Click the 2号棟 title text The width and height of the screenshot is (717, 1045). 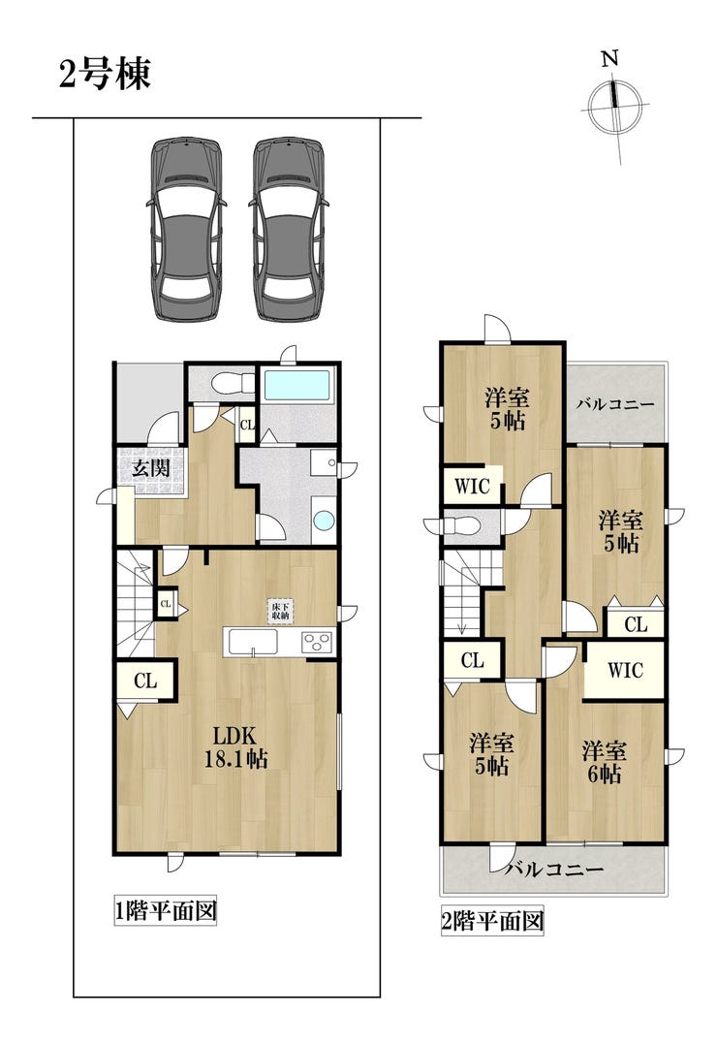106,74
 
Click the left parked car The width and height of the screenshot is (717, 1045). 185,229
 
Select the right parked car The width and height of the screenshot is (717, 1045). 289,229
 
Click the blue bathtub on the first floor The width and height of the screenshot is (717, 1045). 297,385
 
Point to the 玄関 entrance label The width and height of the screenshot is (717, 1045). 150,468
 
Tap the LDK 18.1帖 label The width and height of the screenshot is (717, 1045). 234,747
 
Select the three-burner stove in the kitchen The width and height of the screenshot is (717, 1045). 317,642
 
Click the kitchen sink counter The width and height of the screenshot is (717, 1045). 253,643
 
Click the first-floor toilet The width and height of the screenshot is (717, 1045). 231,384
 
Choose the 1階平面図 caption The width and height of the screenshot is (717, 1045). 166,910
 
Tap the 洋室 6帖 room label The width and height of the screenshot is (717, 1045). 604,762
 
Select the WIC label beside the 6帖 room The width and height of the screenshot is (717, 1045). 624,671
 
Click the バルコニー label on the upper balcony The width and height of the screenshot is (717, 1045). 615,404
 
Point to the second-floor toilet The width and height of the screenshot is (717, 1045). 464,525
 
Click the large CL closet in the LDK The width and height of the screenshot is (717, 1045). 145,681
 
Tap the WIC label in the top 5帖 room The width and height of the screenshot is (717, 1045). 473,486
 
